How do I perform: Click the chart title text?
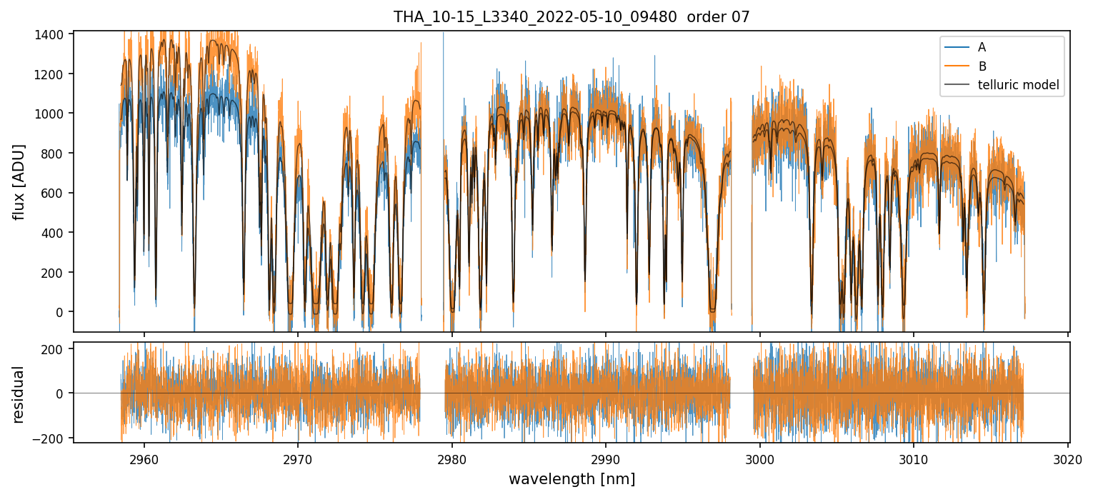[x=572, y=16]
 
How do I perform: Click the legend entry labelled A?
[x=982, y=47]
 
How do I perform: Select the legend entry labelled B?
[x=982, y=66]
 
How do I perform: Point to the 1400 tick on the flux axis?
[x=56, y=34]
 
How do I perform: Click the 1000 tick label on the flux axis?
[x=56, y=114]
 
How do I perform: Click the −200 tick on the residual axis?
[x=56, y=438]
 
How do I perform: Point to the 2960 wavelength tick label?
[x=144, y=458]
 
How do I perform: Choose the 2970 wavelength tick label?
[x=298, y=458]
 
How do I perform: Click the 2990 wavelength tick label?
[x=606, y=458]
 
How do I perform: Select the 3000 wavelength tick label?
[x=759, y=458]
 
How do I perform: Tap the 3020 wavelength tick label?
[x=1067, y=458]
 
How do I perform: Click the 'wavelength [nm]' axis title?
[x=572, y=479]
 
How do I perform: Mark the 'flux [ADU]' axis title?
[x=19, y=181]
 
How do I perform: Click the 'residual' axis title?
[x=19, y=393]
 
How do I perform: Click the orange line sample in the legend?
[x=957, y=66]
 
